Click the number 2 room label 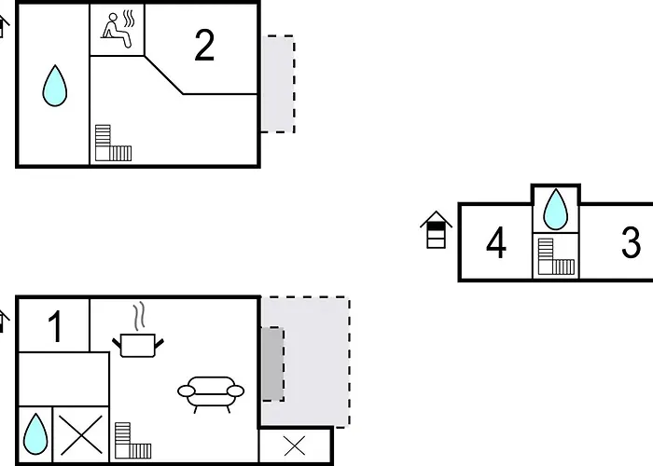pyautogui.click(x=204, y=46)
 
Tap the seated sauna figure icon pyautogui.click(x=117, y=30)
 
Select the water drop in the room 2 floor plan pyautogui.click(x=54, y=86)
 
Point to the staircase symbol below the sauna pyautogui.click(x=113, y=143)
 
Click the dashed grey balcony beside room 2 pyautogui.click(x=278, y=84)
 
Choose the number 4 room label pyautogui.click(x=496, y=242)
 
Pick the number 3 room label pyautogui.click(x=631, y=241)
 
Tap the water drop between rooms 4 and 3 pyautogui.click(x=556, y=210)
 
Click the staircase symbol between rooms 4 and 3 pyautogui.click(x=556, y=256)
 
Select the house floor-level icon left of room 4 pyautogui.click(x=436, y=230)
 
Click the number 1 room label pyautogui.click(x=55, y=327)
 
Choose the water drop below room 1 pyautogui.click(x=35, y=434)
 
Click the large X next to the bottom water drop pyautogui.click(x=81, y=435)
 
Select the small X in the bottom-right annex pyautogui.click(x=295, y=446)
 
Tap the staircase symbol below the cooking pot pyautogui.click(x=132, y=440)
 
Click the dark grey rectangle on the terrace pyautogui.click(x=272, y=364)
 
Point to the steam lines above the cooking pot pyautogui.click(x=140, y=316)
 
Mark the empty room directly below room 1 pyautogui.click(x=63, y=379)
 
